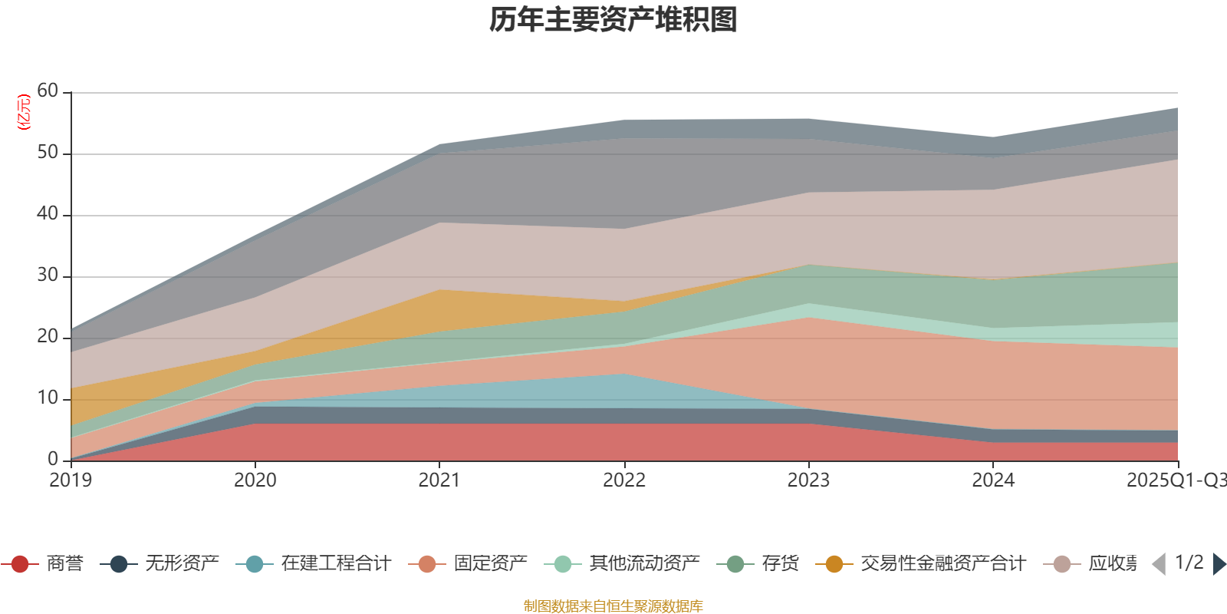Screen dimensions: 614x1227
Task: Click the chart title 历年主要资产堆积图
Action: tap(613, 20)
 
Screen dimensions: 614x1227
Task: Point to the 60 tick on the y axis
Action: tap(48, 91)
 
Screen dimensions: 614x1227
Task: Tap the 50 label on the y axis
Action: tap(48, 153)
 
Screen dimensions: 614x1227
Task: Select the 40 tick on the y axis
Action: tap(48, 214)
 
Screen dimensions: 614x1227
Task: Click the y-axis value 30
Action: tap(48, 276)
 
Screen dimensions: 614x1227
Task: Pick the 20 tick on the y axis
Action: tap(48, 337)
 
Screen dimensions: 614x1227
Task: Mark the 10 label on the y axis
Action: tap(48, 398)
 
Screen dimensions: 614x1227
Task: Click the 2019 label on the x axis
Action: tap(71, 480)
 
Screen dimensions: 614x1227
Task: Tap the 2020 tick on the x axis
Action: tap(255, 480)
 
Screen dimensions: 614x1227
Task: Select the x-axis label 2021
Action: tap(439, 480)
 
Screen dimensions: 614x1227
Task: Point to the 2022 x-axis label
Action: tap(624, 480)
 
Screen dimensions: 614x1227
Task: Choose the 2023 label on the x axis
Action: tap(808, 480)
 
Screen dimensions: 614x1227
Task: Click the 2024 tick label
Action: tap(993, 480)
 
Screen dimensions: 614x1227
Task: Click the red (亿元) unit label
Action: tap(24, 112)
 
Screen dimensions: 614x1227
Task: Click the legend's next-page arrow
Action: tap(1219, 564)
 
